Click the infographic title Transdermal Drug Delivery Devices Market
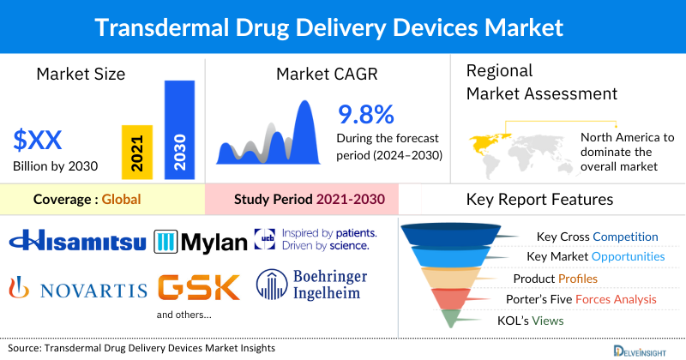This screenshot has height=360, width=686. [x=343, y=27]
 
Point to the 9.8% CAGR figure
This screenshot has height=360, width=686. [x=365, y=114]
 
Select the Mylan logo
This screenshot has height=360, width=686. [x=200, y=243]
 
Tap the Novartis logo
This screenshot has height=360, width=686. [x=77, y=289]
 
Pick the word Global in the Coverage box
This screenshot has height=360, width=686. [x=121, y=200]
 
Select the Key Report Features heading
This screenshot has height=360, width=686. [x=539, y=200]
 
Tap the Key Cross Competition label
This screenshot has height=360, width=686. [x=597, y=237]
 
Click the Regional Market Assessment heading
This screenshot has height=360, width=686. [x=532, y=81]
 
